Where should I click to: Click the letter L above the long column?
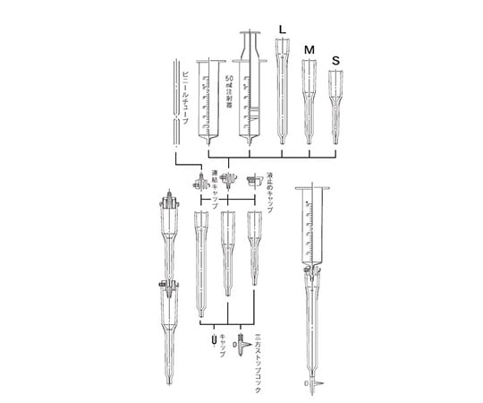coord(283,30)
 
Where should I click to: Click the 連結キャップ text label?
coord(215,190)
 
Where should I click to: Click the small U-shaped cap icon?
coord(211,340)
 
